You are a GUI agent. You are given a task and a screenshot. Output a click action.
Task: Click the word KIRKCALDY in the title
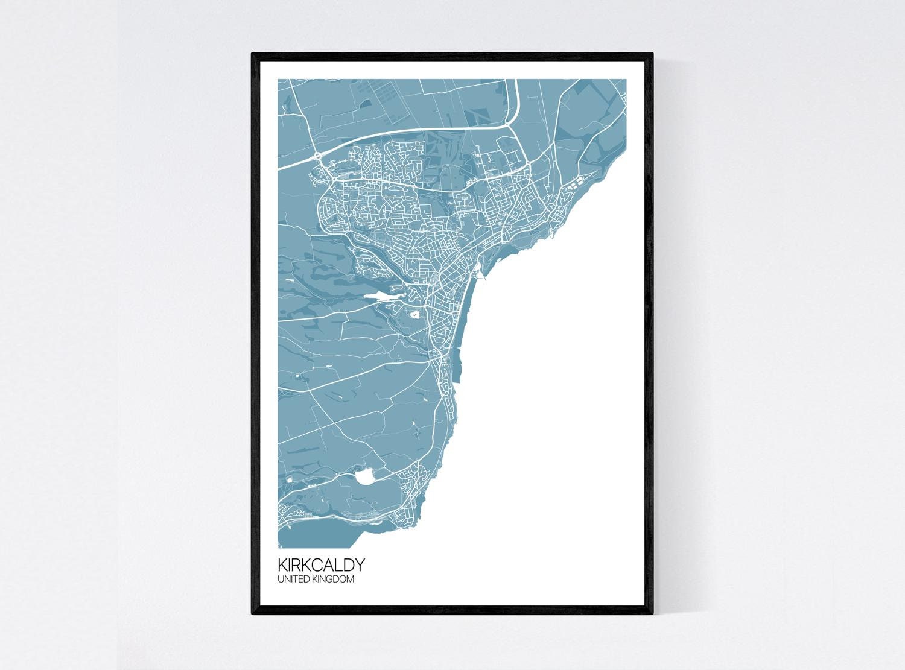click(321, 565)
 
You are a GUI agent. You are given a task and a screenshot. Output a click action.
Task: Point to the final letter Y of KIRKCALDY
click(360, 565)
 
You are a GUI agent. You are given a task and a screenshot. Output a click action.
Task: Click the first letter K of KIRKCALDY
click(282, 565)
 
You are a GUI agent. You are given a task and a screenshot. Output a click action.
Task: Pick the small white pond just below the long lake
click(416, 314)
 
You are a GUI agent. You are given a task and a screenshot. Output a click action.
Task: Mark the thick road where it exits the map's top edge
click(518, 80)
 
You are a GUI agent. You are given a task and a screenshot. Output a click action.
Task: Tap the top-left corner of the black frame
click(253, 54)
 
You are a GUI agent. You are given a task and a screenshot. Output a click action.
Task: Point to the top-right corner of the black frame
click(652, 54)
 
